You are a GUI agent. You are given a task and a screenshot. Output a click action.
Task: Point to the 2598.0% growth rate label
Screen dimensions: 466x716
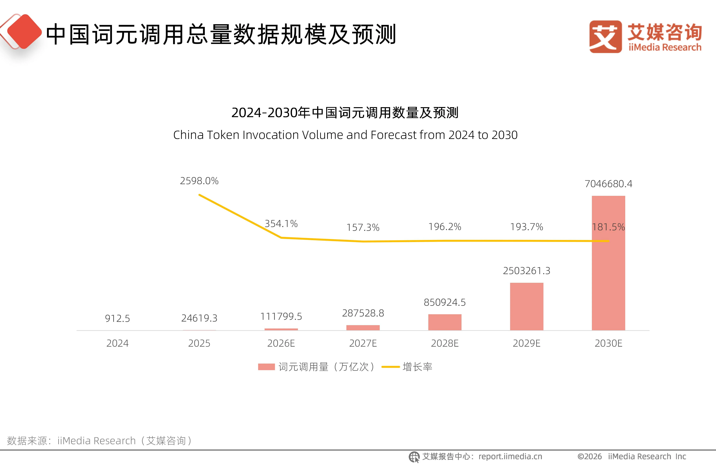click(x=199, y=181)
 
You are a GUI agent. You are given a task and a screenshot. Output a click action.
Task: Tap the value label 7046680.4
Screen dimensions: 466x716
click(x=608, y=184)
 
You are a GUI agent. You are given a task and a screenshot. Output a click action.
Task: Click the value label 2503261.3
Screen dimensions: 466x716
click(x=527, y=271)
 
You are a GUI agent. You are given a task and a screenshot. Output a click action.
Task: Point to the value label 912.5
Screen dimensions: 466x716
click(x=117, y=318)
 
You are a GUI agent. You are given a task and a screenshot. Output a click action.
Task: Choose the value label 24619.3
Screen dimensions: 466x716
click(x=199, y=318)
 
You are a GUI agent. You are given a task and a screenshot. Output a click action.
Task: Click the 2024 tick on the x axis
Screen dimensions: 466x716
click(x=117, y=343)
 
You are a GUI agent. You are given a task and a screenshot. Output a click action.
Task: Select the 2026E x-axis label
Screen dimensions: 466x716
click(x=281, y=343)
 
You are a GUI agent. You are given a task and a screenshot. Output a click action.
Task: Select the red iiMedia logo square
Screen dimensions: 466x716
click(x=605, y=37)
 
